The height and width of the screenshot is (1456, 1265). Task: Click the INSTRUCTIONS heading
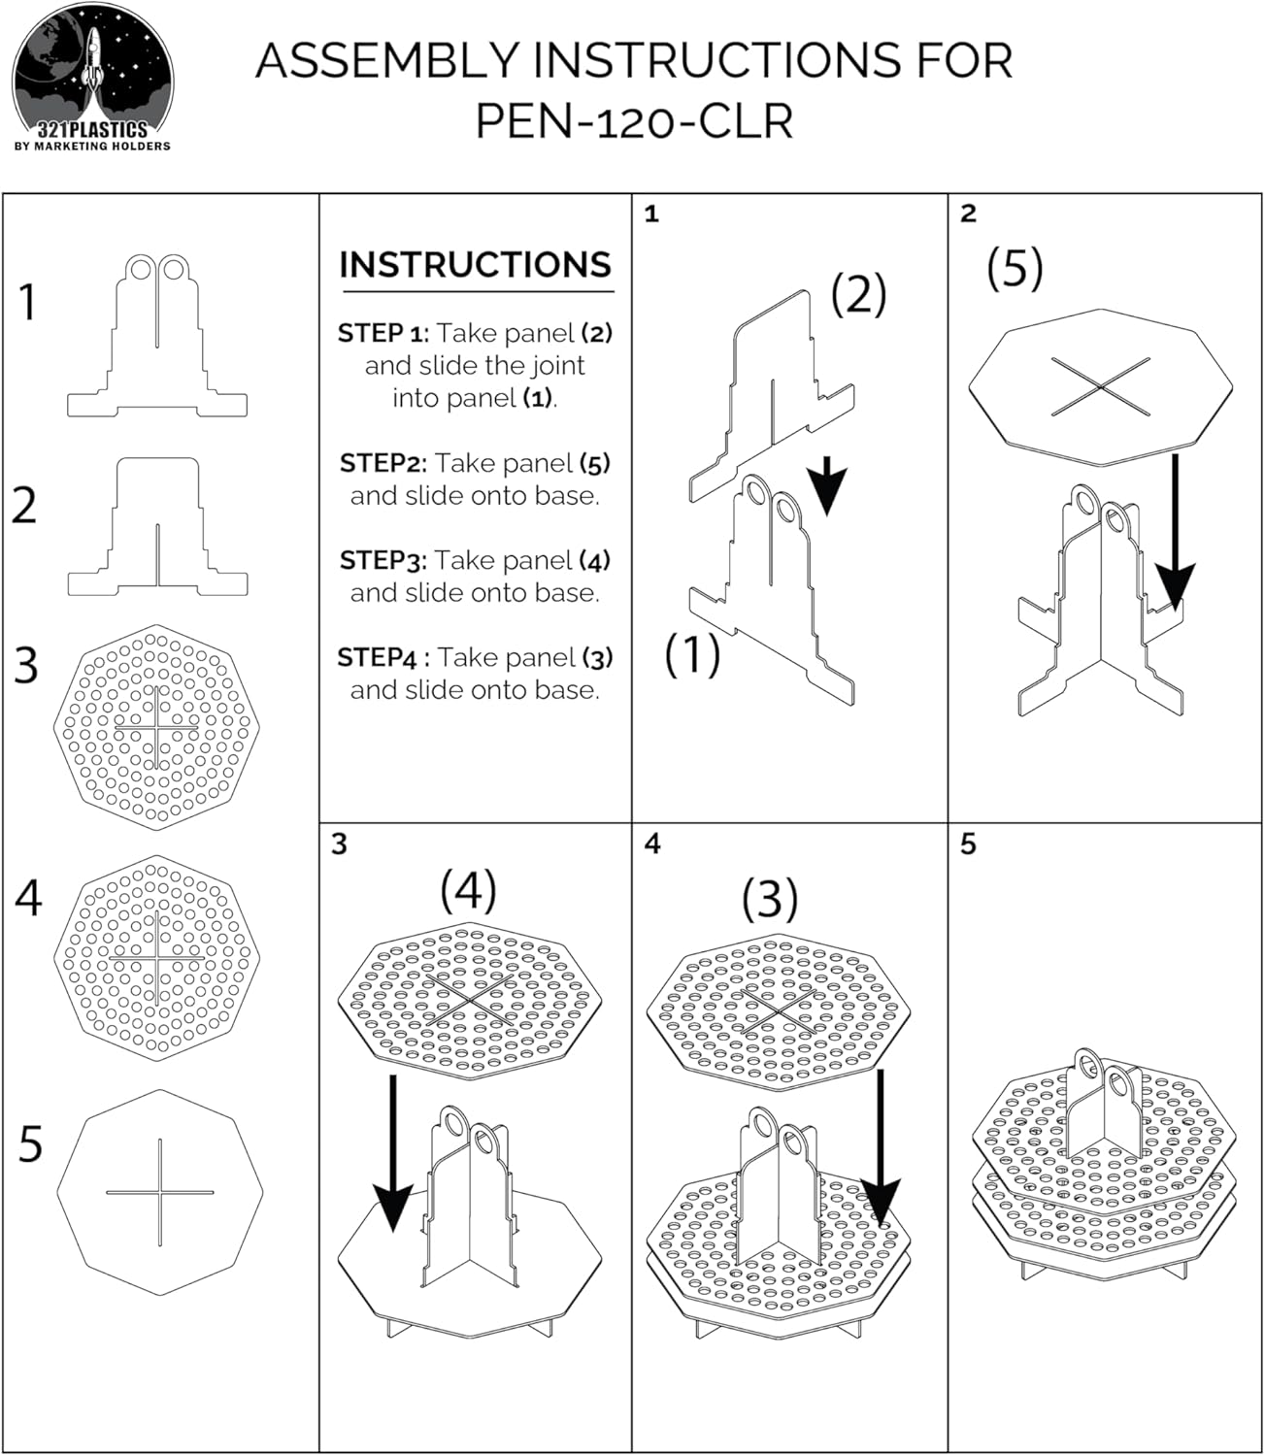coord(476,265)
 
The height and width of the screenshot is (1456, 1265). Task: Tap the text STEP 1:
coord(383,333)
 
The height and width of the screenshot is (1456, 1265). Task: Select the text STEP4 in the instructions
coord(377,657)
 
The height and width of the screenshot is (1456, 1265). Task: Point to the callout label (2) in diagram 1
coord(858,294)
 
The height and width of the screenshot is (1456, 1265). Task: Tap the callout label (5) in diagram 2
coord(1015,267)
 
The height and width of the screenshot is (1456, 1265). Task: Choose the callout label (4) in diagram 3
coord(468,890)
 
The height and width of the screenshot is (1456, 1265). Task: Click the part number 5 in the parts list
coord(31,1144)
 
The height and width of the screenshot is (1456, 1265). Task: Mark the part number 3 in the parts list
coord(27,666)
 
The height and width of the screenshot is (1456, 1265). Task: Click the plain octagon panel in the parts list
coord(159,1192)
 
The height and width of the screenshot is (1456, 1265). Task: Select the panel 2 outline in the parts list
coord(157,527)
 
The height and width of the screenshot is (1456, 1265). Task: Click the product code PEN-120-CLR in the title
coord(634,121)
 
